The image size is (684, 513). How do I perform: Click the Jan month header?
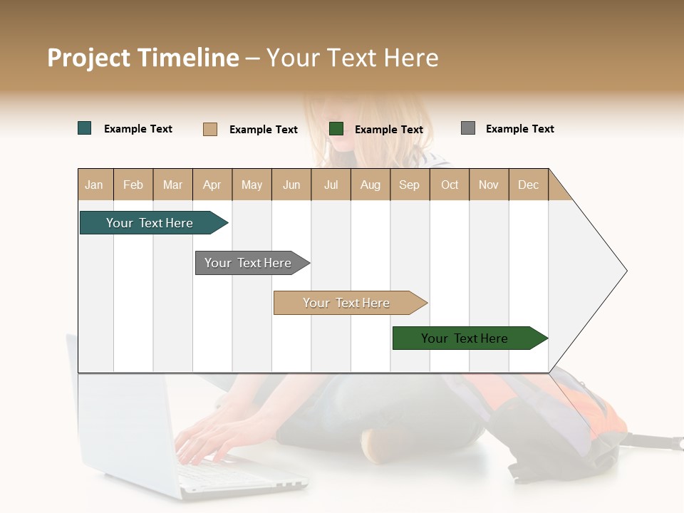coord(94,185)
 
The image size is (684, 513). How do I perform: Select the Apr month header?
coord(212,185)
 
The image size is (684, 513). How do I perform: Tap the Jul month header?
coord(331,185)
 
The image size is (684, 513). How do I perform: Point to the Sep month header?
coord(409,185)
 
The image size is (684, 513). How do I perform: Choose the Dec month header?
coord(528,185)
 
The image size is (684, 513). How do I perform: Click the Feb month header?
coord(133,185)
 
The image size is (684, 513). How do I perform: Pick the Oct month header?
coord(450,185)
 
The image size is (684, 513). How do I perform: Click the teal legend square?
coord(85,128)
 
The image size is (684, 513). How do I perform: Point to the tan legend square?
coord(210,129)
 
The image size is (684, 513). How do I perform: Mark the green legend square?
coord(336,128)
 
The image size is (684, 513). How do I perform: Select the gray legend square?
coord(468,128)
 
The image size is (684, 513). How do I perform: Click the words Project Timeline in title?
coord(143,58)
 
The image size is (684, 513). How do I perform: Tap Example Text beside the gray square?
coord(519,129)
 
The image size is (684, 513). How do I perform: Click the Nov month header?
coord(489,185)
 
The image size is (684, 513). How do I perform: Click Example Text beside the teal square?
coord(138,129)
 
